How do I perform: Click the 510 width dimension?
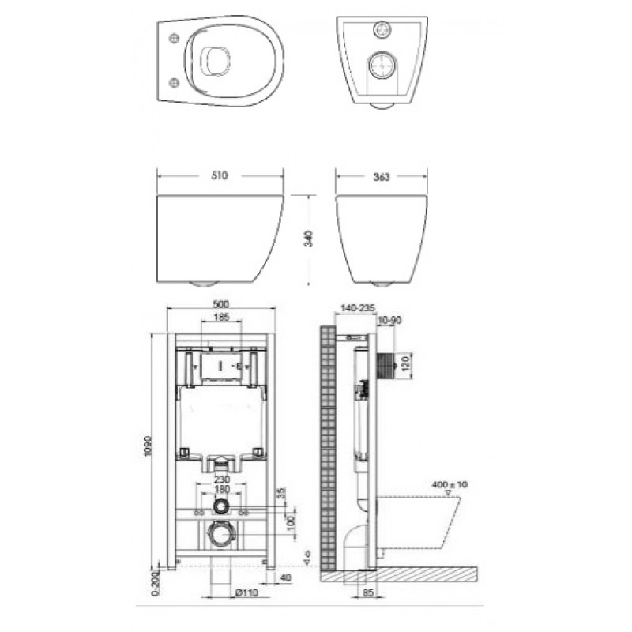click(x=220, y=177)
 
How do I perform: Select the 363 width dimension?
click(x=382, y=177)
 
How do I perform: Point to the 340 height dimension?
click(x=310, y=238)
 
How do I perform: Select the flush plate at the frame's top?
click(x=220, y=367)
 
